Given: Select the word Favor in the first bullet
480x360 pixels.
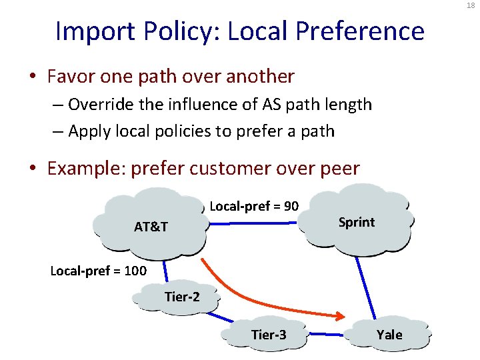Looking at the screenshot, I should click(x=69, y=77).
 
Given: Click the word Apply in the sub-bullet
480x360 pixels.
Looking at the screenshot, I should click(x=89, y=131).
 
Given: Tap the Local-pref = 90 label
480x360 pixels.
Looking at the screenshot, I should click(x=254, y=206).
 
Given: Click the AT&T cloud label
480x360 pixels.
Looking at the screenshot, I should click(x=151, y=227).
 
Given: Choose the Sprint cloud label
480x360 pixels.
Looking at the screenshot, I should click(x=357, y=222).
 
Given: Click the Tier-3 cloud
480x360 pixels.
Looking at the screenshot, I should click(x=269, y=334).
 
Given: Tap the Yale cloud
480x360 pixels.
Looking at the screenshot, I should click(x=389, y=334).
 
